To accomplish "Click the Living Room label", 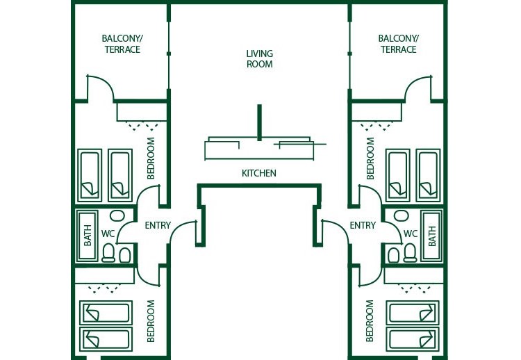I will (x=259, y=59).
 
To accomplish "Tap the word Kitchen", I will (x=259, y=173).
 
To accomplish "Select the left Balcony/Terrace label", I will (x=122, y=44).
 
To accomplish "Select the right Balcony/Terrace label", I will (x=398, y=44).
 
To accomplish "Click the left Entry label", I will (x=158, y=225).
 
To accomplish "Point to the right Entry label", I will (x=363, y=225).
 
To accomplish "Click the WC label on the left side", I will (x=108, y=234).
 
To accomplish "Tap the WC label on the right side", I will (x=411, y=234).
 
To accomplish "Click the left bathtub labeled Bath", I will (x=88, y=235).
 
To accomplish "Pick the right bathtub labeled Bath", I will (x=431, y=235).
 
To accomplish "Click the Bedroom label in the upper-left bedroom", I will (x=151, y=158).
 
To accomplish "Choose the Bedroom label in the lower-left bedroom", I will (x=151, y=320).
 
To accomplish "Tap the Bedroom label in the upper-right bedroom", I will (x=370, y=158).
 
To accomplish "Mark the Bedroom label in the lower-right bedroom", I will (x=370, y=320).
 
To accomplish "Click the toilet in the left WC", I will (x=108, y=253).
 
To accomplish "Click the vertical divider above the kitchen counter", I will (x=259, y=122).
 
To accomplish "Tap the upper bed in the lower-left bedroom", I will (x=106, y=312).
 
